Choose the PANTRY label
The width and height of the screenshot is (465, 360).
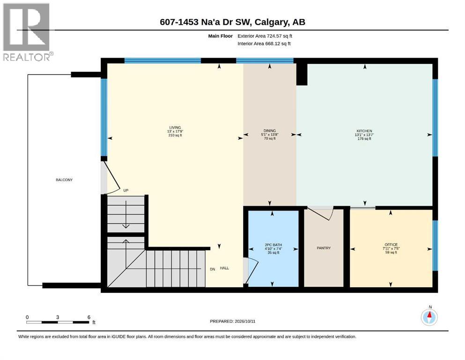324,248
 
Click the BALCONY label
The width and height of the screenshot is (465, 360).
64,180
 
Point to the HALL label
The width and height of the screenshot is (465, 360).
224,268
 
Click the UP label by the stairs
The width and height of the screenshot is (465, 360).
126,190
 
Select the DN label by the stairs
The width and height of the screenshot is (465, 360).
212,270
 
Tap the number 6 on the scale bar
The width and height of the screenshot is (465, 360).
89,317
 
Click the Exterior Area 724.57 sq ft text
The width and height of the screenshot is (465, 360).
265,36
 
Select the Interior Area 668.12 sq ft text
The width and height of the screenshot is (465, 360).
264,43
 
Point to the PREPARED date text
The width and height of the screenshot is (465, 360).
232,321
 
